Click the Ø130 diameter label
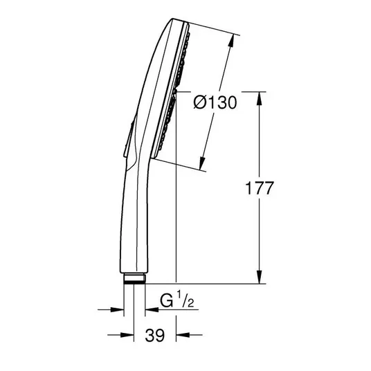point(215,102)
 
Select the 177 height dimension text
point(260,188)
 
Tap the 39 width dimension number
point(155,335)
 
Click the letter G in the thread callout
point(167,300)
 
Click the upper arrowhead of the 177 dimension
point(260,98)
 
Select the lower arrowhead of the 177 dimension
point(260,277)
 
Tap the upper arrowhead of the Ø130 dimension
point(232,42)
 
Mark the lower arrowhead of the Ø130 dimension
point(202,163)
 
